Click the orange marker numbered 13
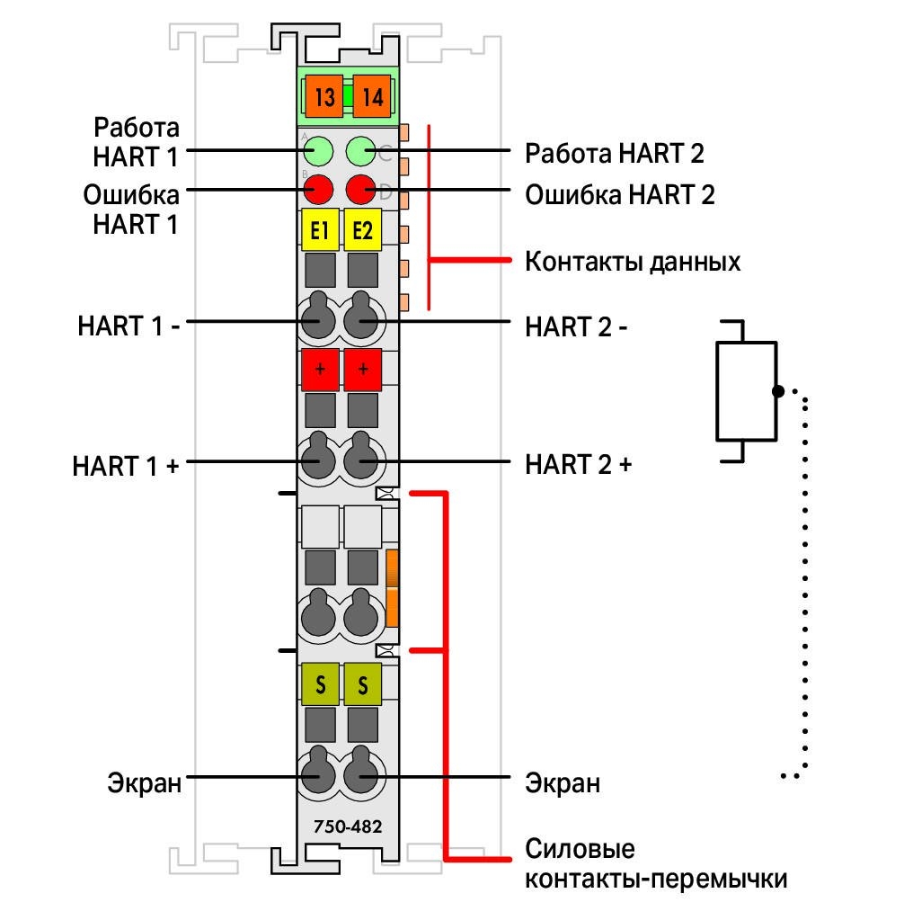[324, 96]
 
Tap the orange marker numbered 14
[372, 96]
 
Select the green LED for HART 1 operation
[318, 151]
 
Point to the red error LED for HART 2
[360, 190]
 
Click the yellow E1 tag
[320, 230]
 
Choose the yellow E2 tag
[362, 230]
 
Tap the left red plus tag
[320, 370]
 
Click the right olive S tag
[362, 683]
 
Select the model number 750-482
[348, 826]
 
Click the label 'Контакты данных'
[633, 262]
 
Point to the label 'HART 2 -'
[576, 327]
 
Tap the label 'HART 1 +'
[126, 466]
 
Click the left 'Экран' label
[144, 782]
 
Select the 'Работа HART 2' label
[615, 154]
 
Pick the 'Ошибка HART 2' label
[619, 194]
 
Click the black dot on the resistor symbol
[778, 391]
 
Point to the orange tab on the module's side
[392, 587]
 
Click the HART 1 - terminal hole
[318, 321]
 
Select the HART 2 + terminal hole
[360, 460]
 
